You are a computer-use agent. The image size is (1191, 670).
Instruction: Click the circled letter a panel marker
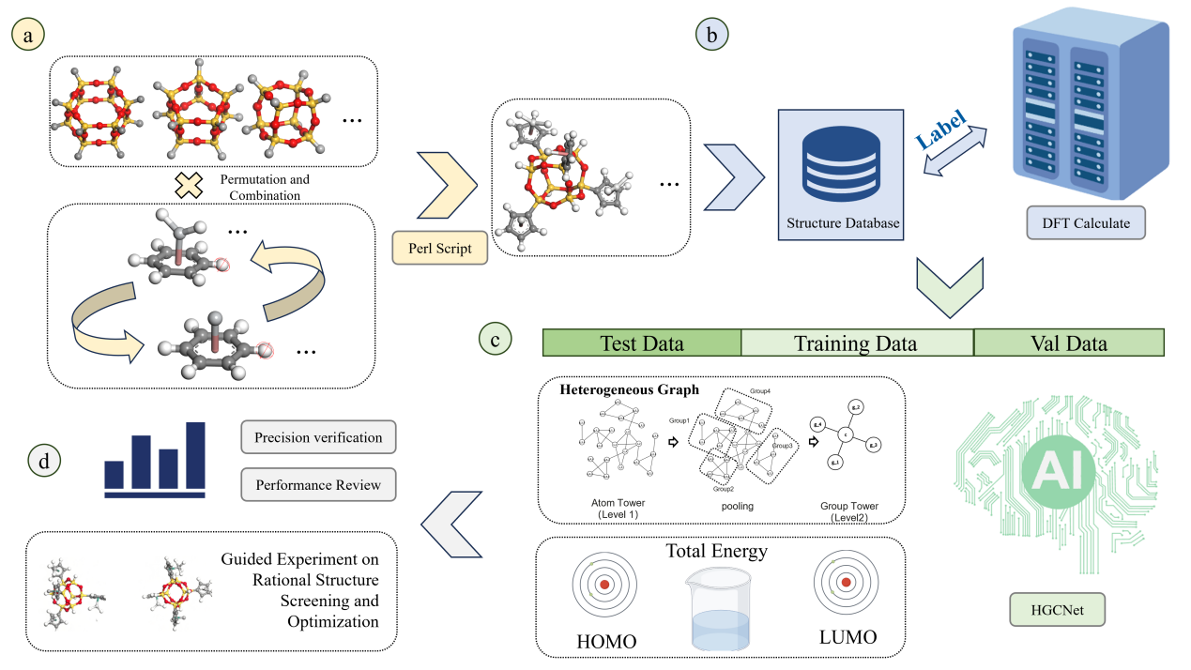pos(27,36)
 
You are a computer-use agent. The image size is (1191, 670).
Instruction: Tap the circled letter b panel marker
pos(711,36)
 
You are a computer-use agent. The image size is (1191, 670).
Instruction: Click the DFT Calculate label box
pos(1085,223)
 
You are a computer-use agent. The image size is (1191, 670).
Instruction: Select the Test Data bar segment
pos(642,343)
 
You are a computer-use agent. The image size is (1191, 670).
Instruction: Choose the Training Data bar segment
pos(856,343)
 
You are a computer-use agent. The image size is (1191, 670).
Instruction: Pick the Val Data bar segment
pos(1068,343)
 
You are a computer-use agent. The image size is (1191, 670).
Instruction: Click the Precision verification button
pos(318,437)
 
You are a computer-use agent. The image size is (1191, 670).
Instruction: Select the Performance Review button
pos(318,485)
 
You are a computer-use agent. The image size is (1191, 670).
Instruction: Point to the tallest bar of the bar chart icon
pos(196,456)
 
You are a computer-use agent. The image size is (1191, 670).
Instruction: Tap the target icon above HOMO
pos(604,584)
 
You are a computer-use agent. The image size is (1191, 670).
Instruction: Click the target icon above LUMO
pos(846,582)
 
